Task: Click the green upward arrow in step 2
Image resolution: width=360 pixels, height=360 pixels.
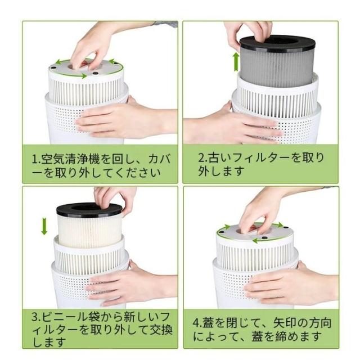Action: [x=236, y=61]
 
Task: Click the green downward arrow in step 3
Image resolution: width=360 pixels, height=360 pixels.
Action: [x=44, y=227]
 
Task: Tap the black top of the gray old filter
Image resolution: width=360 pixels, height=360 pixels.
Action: [x=278, y=43]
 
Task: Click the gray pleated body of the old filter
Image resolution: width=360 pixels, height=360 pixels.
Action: [x=277, y=67]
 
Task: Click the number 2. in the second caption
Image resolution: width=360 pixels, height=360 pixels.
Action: [x=202, y=158]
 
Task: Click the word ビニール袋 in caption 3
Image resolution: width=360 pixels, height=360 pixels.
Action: [x=71, y=317]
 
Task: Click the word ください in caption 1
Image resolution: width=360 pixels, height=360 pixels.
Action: [x=137, y=172]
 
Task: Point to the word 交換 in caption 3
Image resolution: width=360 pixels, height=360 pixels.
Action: [x=161, y=330]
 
